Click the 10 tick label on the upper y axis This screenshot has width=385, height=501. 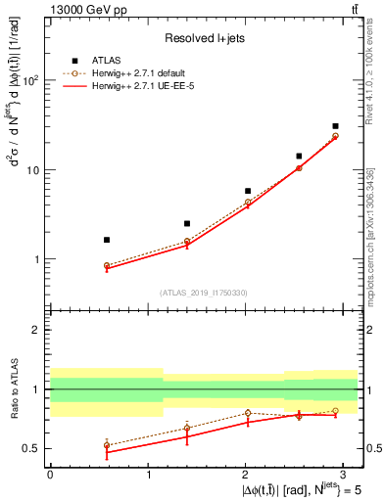point(30,170)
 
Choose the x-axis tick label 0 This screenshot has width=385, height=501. point(50,474)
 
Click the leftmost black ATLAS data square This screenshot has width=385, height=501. point(107,240)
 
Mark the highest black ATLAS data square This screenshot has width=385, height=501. point(335,126)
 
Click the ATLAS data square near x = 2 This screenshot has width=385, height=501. point(248,191)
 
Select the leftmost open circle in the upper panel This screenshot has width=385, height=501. point(107,265)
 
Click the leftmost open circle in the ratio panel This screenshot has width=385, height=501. point(107,445)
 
